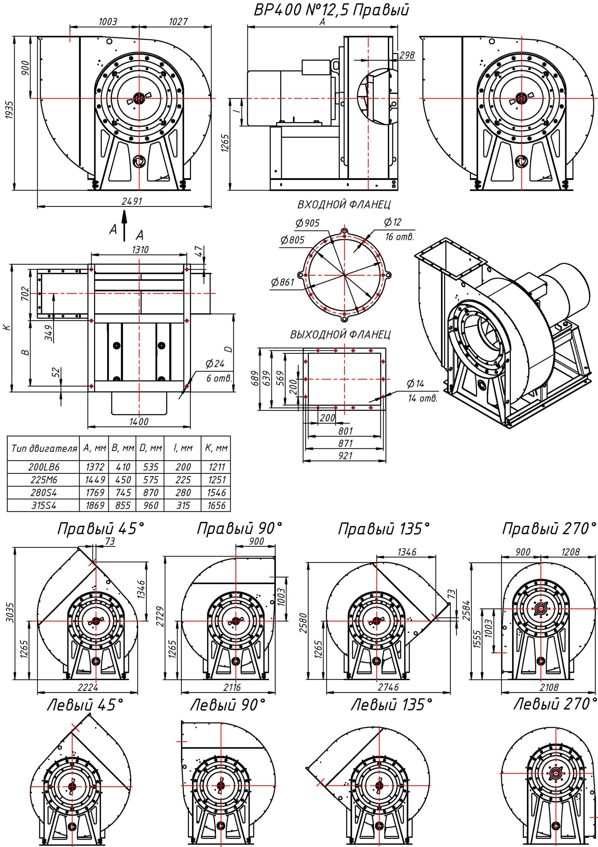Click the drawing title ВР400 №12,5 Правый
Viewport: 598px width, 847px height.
tap(331, 10)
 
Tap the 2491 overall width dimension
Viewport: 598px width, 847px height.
tap(132, 201)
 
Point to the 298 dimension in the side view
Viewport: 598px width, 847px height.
tap(407, 55)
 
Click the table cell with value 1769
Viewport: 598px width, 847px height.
tap(95, 493)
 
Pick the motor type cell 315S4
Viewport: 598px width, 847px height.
tap(44, 506)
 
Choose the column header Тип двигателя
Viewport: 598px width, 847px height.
tap(44, 449)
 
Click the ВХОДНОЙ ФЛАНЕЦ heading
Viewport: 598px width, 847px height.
tap(344, 204)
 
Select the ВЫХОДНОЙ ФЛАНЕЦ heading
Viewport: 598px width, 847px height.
tap(340, 334)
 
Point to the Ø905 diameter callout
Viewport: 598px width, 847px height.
tap(307, 223)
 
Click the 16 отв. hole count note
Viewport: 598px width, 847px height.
tap(399, 237)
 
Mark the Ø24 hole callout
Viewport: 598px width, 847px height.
tap(215, 364)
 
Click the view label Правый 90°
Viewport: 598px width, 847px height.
tap(240, 529)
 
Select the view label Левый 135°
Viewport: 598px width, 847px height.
tap(391, 705)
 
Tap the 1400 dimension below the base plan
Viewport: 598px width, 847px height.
tap(139, 421)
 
